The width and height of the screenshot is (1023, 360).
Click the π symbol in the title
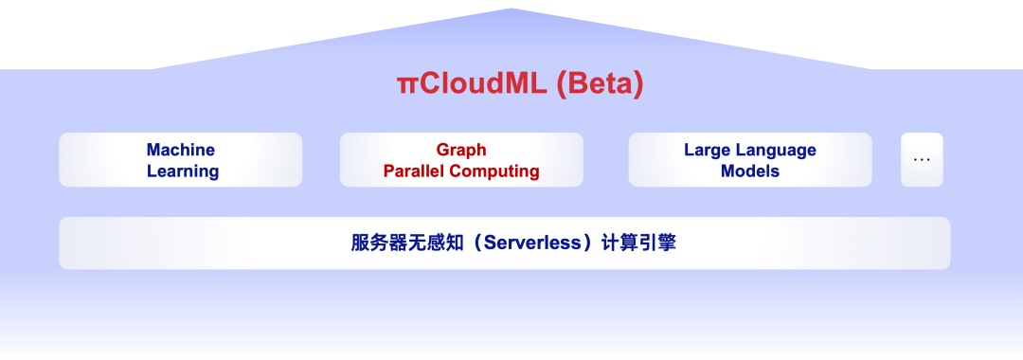click(x=405, y=85)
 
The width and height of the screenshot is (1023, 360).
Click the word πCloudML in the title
click(x=472, y=84)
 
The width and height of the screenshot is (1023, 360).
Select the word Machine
click(x=181, y=150)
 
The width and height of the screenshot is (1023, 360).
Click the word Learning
click(x=183, y=171)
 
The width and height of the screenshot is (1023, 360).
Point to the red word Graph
click(x=461, y=150)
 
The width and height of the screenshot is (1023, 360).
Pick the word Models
click(x=750, y=171)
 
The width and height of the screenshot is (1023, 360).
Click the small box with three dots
click(x=922, y=160)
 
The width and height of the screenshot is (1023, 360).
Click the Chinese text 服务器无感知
click(x=407, y=243)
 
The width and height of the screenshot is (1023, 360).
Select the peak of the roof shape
click(x=511, y=9)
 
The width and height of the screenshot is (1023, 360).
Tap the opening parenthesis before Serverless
click(x=476, y=243)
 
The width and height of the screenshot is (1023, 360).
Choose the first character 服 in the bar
click(x=361, y=243)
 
